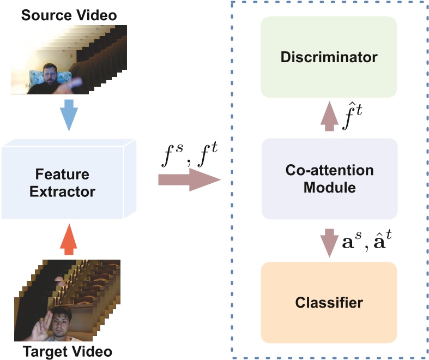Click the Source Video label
69,15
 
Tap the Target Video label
68,351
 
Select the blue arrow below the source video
69,114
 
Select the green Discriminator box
329,57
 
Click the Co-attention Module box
329,178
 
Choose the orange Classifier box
329,301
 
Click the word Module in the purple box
329,188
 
